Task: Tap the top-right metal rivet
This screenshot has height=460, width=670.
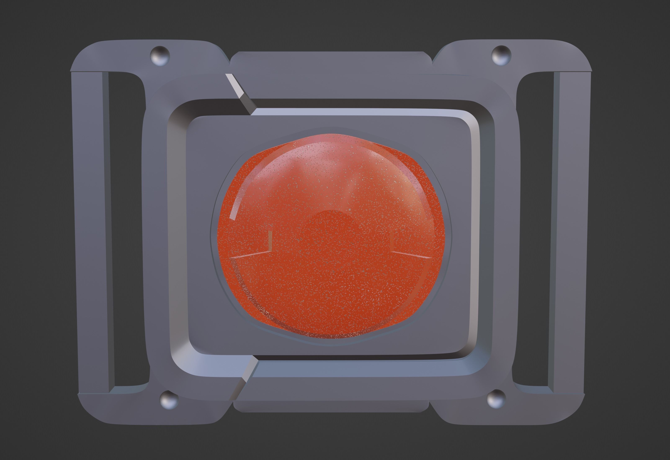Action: pos(501,55)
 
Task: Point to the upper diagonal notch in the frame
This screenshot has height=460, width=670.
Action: pos(240,94)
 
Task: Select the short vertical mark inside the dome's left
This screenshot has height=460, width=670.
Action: pos(270,241)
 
